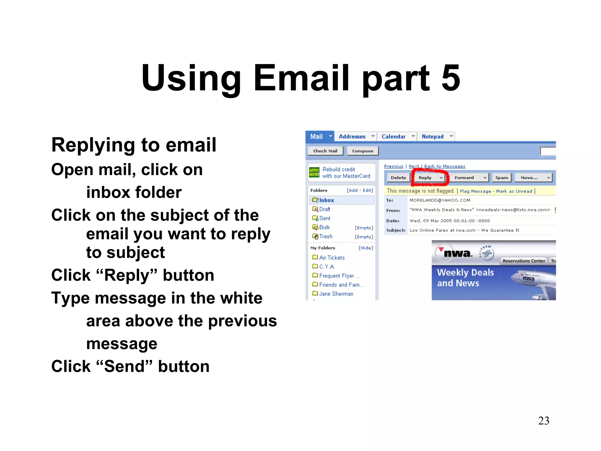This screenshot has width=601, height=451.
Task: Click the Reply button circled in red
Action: pos(425,178)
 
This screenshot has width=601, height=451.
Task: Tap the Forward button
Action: pos(464,178)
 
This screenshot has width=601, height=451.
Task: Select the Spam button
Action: pos(502,178)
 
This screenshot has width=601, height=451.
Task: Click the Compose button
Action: pos(363,151)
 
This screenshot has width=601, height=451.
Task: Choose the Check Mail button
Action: pos(325,151)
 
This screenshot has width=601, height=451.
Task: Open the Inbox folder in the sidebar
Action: pos(326,200)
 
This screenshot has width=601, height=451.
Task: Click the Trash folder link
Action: pos(326,236)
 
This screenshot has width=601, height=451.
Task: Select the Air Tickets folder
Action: pos(332,258)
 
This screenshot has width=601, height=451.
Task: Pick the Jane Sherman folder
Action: pos(336,294)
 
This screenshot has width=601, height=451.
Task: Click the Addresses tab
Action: pos(352,137)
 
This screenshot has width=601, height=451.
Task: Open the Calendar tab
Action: pos(394,137)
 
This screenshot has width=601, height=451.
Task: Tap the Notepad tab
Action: pos(433,137)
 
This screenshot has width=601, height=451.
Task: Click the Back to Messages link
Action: pos(445,166)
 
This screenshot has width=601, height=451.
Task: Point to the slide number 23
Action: pos(543,421)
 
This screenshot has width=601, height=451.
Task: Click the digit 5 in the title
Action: pos(450,78)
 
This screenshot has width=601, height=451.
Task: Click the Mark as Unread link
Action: pos(514,191)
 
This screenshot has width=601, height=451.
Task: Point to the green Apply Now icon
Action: pos(314,172)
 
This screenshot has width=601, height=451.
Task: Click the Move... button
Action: pos(529,178)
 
